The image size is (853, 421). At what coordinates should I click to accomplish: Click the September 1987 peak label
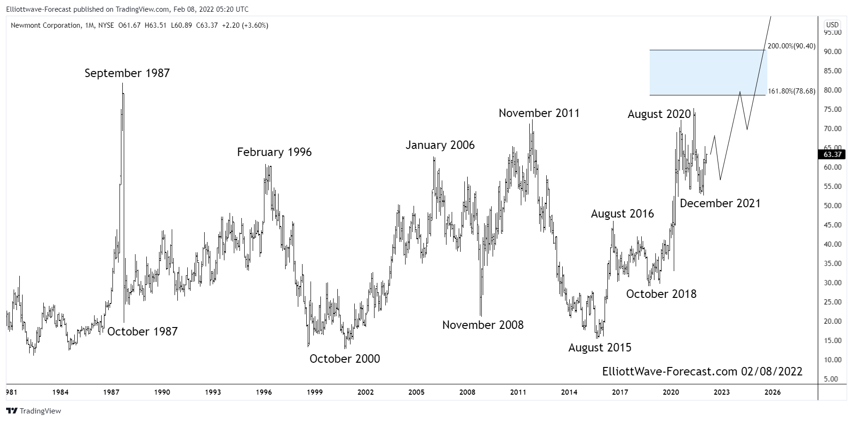pos(127,73)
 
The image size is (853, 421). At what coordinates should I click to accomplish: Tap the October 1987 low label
pos(142,332)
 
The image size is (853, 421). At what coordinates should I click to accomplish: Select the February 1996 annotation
pos(274,152)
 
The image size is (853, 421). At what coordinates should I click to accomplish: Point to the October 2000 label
pos(344,359)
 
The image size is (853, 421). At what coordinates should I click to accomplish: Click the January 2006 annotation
pos(440,145)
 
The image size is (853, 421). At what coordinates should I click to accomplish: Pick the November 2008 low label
pos(483,325)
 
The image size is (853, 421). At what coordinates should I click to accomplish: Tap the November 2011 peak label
pos(539,113)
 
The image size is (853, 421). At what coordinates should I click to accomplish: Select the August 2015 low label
pos(599,348)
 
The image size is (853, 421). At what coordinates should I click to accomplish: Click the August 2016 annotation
pos(622,214)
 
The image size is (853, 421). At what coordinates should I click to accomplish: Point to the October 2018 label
pos(661,294)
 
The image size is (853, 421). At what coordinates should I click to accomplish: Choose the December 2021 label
pos(720,203)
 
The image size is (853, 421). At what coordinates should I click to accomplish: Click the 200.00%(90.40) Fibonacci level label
pos(791,46)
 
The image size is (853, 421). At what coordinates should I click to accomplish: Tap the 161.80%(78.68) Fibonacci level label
pos(791,91)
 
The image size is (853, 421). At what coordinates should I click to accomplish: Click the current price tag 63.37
pos(832,155)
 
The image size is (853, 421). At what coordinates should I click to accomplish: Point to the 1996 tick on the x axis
pos(264,392)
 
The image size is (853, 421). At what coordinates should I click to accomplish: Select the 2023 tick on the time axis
pos(722,392)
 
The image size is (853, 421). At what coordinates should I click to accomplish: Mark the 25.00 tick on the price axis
pos(832,302)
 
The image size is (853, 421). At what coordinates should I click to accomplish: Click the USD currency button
pos(832,25)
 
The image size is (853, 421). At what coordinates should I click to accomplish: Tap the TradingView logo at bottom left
pos(34,411)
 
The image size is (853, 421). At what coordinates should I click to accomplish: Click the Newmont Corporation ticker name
pos(46,25)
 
